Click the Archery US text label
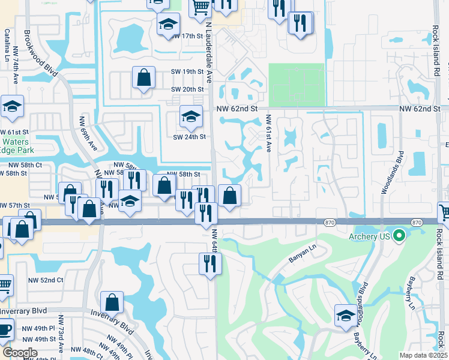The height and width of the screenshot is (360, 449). pyautogui.click(x=369, y=236)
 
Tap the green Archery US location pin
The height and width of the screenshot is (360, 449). pyautogui.click(x=399, y=236)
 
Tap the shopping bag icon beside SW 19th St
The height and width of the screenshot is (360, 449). pyautogui.click(x=144, y=78)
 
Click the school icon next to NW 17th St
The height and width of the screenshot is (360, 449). pyautogui.click(x=168, y=25)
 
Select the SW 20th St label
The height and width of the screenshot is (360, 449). pyautogui.click(x=188, y=89)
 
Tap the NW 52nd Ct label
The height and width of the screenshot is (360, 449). pyautogui.click(x=46, y=280)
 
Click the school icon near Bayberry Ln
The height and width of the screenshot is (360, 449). pyautogui.click(x=346, y=316)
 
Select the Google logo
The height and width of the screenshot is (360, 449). pyautogui.click(x=20, y=352)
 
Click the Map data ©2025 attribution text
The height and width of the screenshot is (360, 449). pyautogui.click(x=422, y=355)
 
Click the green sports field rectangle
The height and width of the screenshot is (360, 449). pyautogui.click(x=296, y=85)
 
